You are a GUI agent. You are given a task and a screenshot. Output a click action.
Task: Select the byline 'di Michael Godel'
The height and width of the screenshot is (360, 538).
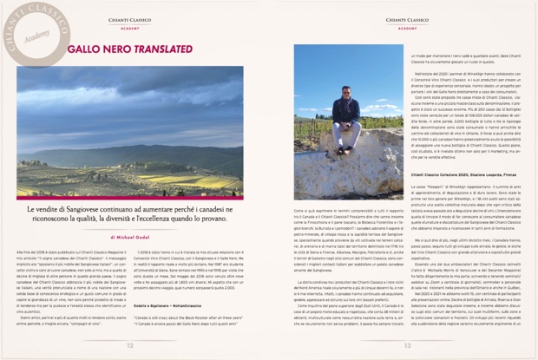pyautogui.click(x=129, y=236)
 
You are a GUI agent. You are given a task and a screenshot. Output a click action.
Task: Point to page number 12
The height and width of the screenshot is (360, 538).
pyautogui.click(x=129, y=344)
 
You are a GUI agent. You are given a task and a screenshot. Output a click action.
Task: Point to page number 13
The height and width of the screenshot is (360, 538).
pyautogui.click(x=407, y=344)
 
